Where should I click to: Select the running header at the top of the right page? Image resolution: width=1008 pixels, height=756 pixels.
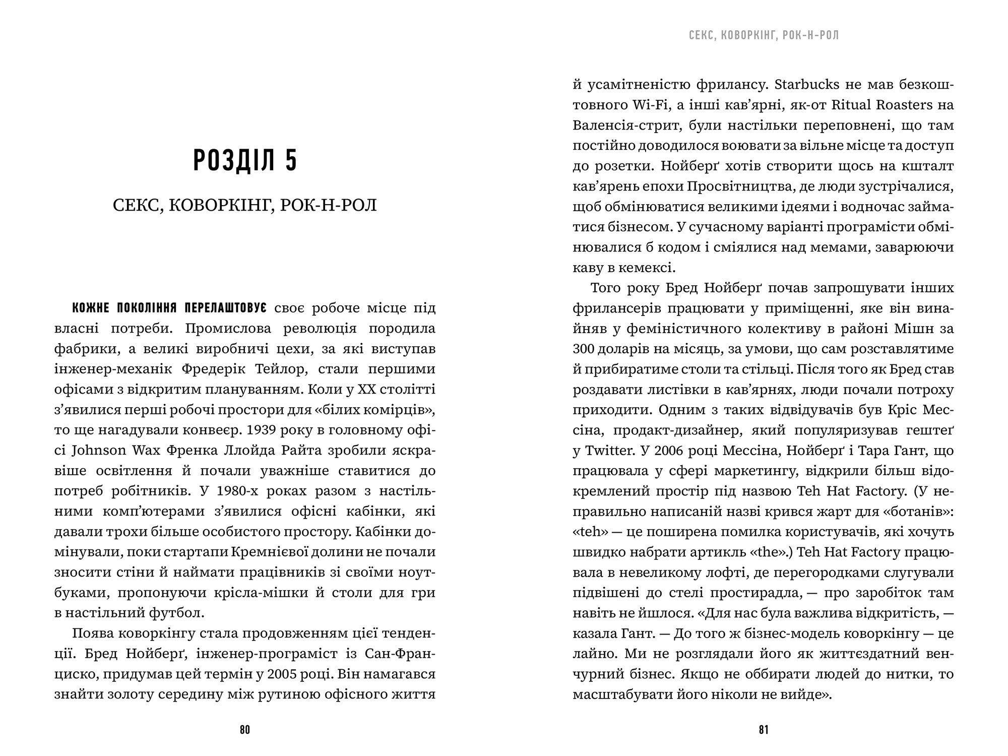[764, 35]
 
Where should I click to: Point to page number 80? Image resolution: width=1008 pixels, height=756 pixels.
[245, 730]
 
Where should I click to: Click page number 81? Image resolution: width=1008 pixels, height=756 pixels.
[764, 730]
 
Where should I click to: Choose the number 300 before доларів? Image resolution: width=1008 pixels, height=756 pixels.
[584, 349]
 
